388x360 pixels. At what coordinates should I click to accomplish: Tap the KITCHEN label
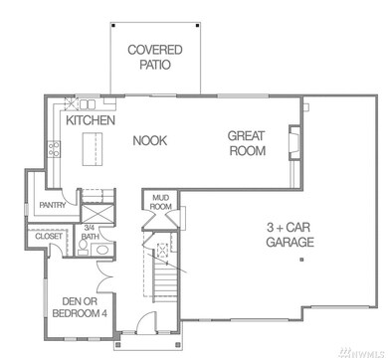(91, 120)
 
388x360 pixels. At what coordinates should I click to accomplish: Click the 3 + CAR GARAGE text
(290, 235)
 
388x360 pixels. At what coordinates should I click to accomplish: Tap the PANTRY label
(53, 206)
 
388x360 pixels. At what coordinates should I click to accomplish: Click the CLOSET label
(49, 237)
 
